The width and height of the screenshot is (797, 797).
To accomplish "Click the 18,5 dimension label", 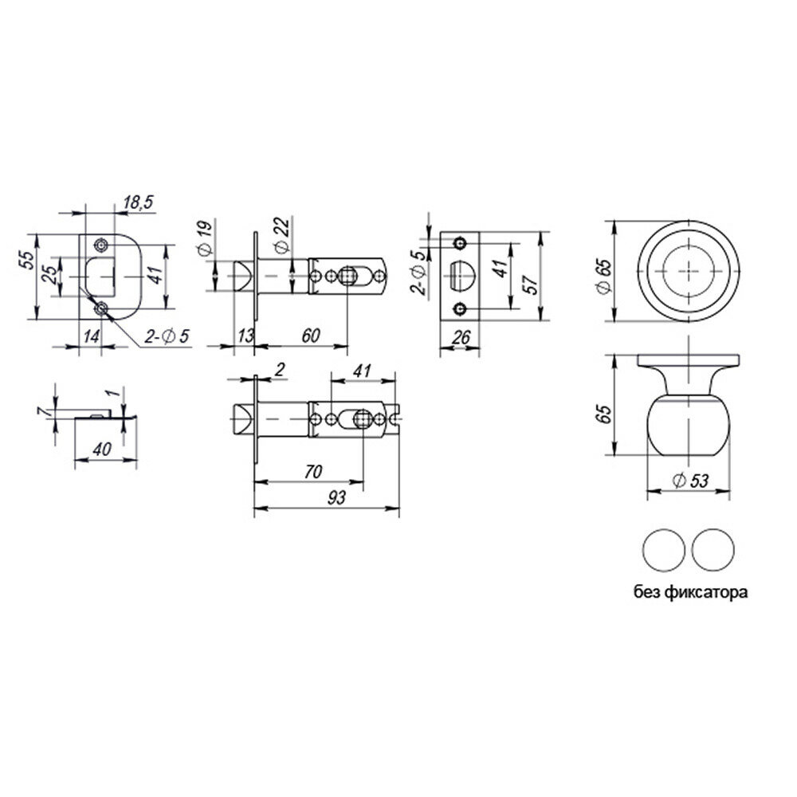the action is [x=138, y=202].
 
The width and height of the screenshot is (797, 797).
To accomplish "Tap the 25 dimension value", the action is [x=50, y=277].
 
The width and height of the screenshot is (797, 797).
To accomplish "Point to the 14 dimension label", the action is [x=92, y=336].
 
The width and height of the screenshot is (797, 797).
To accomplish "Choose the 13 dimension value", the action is [x=245, y=336].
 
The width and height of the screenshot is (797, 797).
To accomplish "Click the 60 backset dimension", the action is [x=311, y=336].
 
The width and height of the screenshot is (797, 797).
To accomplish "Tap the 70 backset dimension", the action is [x=313, y=472].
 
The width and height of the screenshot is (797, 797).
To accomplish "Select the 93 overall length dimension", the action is [x=336, y=497].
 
